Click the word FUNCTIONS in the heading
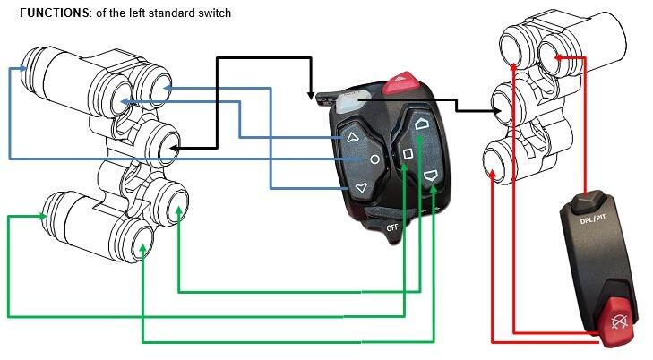click(54, 13)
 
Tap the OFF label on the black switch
click(392, 227)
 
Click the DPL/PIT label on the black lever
click(593, 219)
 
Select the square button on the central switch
click(408, 154)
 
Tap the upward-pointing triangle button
click(352, 137)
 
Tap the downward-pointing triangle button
click(362, 188)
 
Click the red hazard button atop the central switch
click(401, 82)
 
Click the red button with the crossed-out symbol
click(617, 321)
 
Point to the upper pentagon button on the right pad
click(422, 124)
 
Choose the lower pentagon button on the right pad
click(430, 176)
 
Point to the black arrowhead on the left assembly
click(175, 148)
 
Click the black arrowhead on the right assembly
click(497, 111)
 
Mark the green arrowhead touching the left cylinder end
click(42, 216)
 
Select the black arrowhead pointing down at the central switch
click(311, 96)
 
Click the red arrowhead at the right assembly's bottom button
click(493, 174)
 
